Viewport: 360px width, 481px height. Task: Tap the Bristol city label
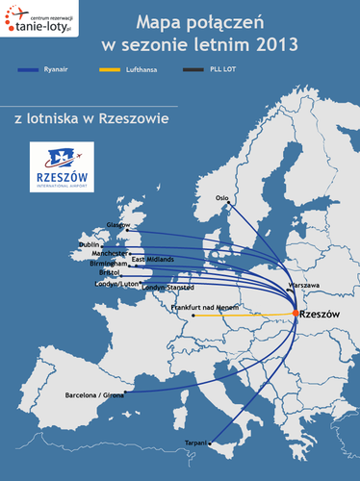109,272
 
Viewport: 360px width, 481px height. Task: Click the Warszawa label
303,286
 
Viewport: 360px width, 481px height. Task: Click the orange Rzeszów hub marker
295,314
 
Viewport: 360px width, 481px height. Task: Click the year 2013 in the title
277,43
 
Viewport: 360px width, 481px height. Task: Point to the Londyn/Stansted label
167,288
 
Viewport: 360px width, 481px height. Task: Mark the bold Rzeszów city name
321,315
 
